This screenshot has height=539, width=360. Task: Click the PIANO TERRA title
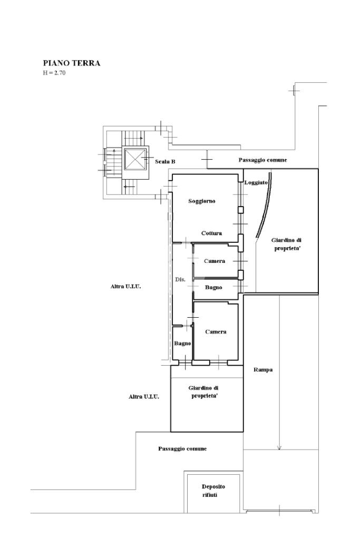(x=72, y=63)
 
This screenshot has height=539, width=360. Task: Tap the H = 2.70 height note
(x=54, y=73)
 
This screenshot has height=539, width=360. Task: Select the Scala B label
(x=165, y=162)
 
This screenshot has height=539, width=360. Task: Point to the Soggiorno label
(x=202, y=201)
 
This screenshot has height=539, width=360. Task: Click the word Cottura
(x=211, y=233)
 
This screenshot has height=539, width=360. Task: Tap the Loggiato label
(x=256, y=182)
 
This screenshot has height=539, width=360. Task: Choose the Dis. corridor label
(x=180, y=279)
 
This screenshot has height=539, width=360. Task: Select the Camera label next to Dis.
(x=215, y=261)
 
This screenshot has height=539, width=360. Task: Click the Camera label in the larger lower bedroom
(x=216, y=332)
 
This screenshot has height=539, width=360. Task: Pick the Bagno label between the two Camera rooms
(x=213, y=287)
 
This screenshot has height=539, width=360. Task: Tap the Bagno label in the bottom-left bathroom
(x=182, y=344)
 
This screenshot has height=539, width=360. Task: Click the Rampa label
(x=263, y=370)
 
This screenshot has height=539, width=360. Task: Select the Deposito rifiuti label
(x=213, y=491)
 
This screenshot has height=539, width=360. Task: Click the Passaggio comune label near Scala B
(x=262, y=160)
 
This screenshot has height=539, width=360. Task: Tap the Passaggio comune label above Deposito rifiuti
(x=182, y=449)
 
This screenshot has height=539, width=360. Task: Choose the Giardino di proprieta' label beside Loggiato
(x=286, y=244)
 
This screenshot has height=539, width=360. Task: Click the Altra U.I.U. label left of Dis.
(x=126, y=286)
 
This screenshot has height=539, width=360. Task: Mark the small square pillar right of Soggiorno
(x=241, y=210)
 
